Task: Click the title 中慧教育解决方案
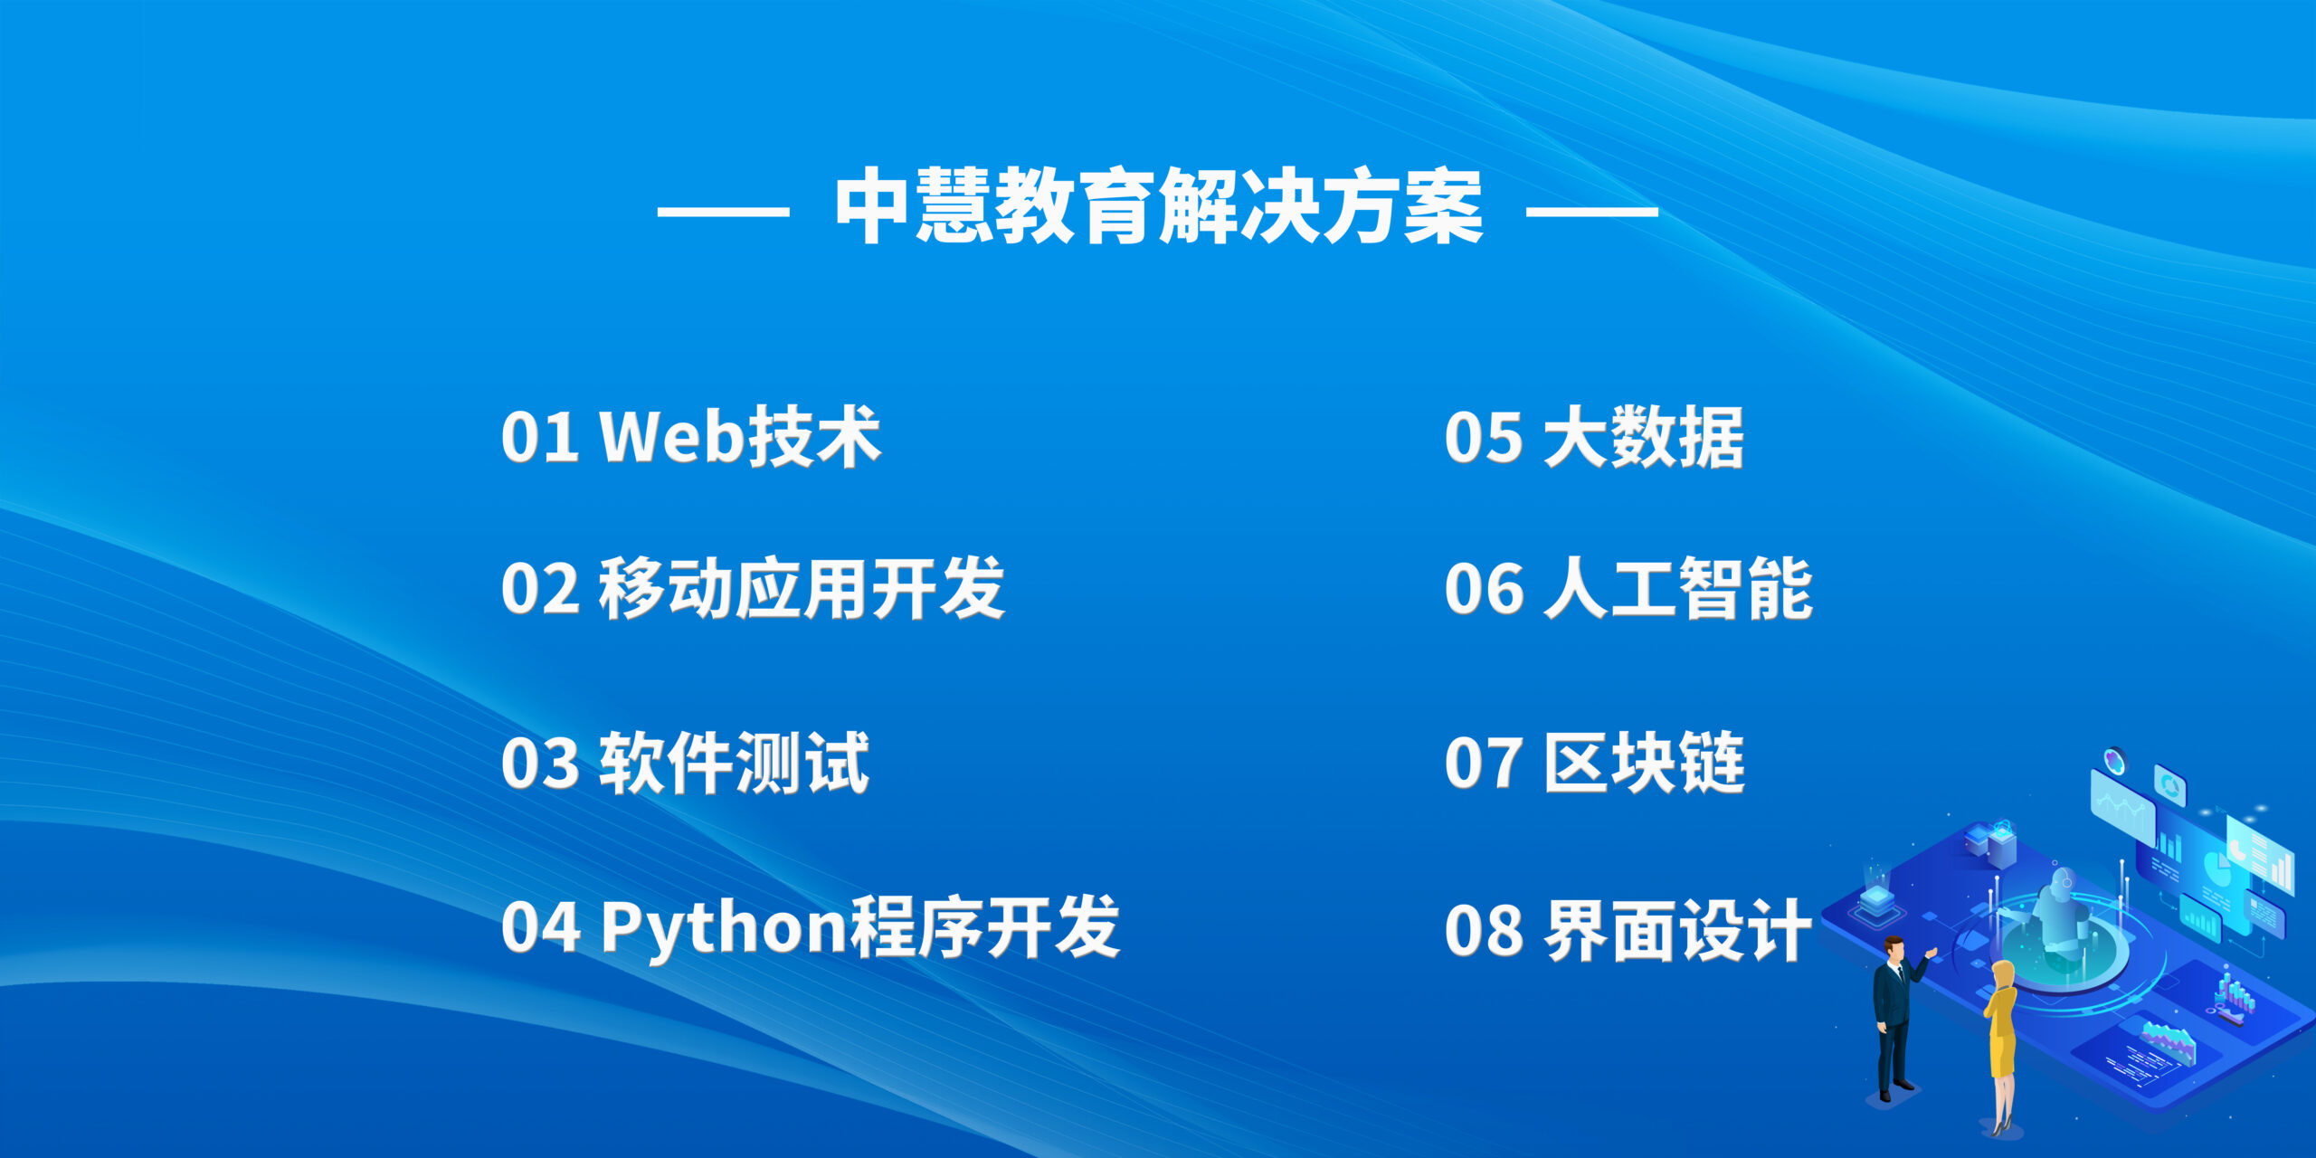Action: point(1158,206)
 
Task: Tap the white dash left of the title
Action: point(723,212)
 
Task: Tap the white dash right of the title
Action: point(1592,212)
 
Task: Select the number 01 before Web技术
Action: point(540,437)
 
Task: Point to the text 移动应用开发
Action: point(802,588)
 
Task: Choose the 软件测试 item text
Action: point(735,763)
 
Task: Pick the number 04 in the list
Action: point(541,927)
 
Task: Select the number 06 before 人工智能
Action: point(1485,589)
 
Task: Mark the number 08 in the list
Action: point(1485,930)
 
